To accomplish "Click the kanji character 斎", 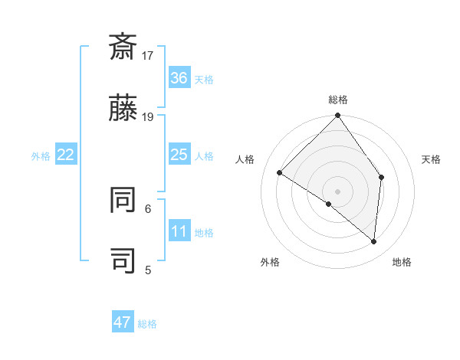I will pos(123,47).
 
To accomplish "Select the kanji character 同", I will pos(123,199).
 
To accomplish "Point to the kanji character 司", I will pos(123,260).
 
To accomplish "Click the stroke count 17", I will pos(148,55).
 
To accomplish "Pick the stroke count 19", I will pos(148,116).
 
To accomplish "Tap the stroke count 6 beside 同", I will pos(148,208).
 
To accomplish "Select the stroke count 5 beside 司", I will pos(148,269).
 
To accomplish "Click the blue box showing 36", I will pos(179,78).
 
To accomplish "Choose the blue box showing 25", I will pos(179,155).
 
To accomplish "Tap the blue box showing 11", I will pos(179,231).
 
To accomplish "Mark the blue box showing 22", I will pos(66,155).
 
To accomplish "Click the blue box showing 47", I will pos(123,322).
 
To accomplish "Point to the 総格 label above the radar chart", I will pos(337,100).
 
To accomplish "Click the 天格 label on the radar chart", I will pos(431,159).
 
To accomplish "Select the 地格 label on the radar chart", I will pos(402,262).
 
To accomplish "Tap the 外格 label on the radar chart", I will pos(270,262).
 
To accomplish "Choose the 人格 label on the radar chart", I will pos(245,159).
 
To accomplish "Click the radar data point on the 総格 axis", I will pos(337,116).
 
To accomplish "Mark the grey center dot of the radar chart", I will pos(337,191).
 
